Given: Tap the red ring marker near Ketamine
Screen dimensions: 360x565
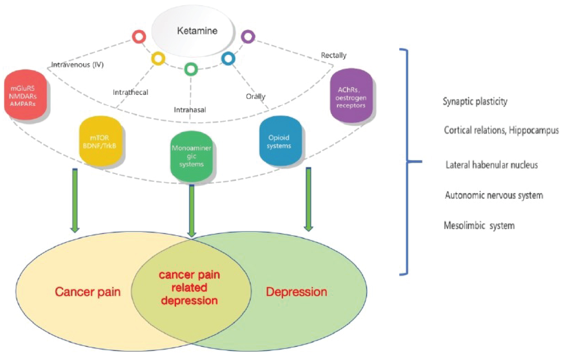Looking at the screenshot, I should click(x=139, y=37).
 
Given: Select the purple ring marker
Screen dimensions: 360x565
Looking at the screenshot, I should click(x=248, y=36).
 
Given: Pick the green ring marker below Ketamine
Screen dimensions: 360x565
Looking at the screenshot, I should click(x=191, y=69).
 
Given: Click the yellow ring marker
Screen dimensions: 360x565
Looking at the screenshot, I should click(x=158, y=59).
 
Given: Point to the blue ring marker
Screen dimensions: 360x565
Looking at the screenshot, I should click(x=228, y=58).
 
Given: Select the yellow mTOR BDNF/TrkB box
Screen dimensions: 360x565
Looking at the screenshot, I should click(x=101, y=141).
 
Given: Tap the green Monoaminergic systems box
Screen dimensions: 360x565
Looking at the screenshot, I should click(x=191, y=156).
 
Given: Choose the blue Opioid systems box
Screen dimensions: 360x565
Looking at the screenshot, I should click(x=280, y=141).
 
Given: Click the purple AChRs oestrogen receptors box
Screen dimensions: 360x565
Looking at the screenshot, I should click(x=351, y=96).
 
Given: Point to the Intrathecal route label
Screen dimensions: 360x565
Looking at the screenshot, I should click(x=130, y=92).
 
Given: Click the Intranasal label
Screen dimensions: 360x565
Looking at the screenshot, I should click(x=190, y=110).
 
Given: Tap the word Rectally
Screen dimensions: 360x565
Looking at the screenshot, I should click(x=333, y=55).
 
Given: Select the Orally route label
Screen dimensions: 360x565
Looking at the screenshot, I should click(x=255, y=96).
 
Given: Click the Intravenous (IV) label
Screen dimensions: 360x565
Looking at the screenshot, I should click(x=78, y=65).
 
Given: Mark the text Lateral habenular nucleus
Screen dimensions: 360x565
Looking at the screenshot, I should click(x=492, y=165).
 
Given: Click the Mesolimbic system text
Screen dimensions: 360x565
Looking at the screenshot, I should click(x=479, y=226).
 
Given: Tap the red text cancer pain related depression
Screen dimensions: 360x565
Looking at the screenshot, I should click(x=189, y=288).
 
